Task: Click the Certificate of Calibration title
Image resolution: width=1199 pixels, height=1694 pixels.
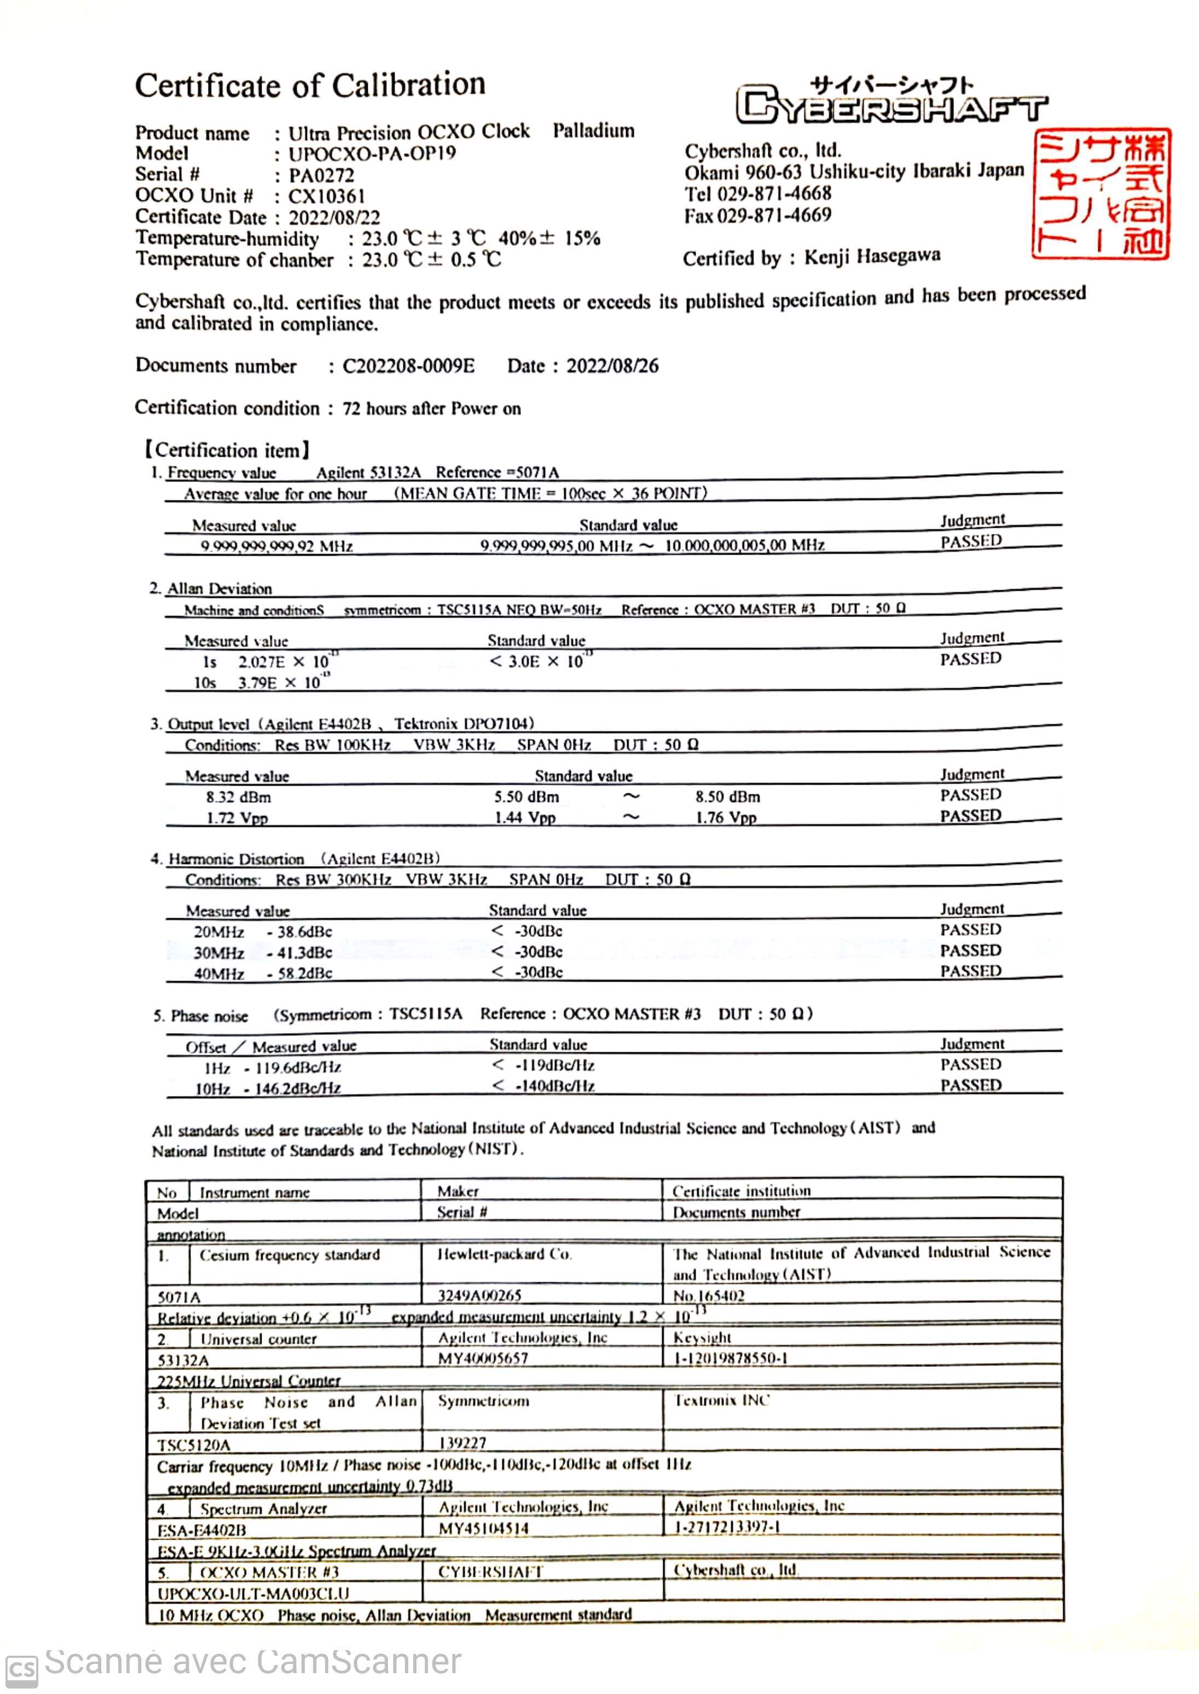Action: [310, 85]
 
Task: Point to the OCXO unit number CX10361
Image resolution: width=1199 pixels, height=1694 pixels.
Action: [326, 197]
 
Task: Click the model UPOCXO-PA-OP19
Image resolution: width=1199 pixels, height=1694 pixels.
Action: [372, 154]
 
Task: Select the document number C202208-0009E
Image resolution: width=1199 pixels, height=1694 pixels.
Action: [408, 366]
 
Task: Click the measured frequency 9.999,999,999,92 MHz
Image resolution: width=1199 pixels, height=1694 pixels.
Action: [277, 546]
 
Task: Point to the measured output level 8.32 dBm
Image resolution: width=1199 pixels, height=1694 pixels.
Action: [239, 798]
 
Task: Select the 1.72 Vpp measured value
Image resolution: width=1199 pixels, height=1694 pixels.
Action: [237, 818]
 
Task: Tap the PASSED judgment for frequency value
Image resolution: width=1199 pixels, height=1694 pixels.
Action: [971, 541]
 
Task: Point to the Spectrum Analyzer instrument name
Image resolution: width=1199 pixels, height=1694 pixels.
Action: [263, 1508]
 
